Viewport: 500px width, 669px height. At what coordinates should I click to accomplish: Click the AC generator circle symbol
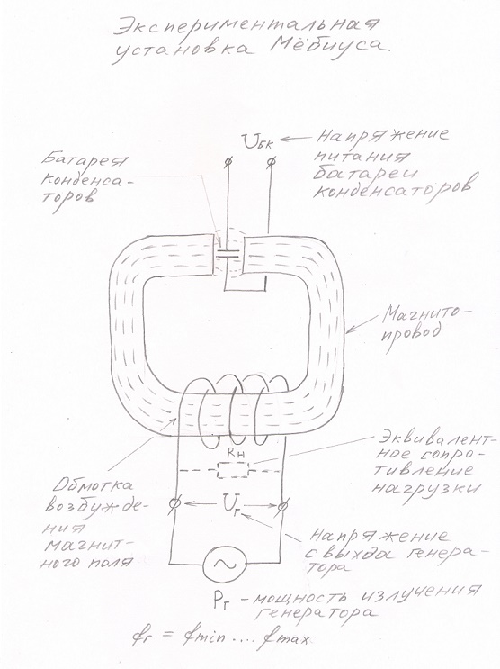pos(225,564)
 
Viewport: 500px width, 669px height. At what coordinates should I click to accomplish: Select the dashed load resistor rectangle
pos(233,470)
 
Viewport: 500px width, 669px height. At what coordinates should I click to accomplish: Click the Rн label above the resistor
pos(233,454)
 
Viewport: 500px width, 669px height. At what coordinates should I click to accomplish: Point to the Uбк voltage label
pos(259,141)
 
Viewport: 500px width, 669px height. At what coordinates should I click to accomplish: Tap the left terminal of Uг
pos(174,504)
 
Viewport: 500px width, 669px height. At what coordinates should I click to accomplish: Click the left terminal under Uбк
pos(228,162)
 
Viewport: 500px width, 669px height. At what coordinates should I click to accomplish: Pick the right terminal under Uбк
pos(272,163)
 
